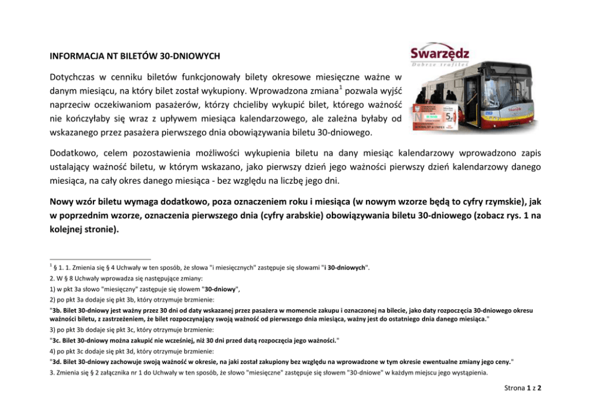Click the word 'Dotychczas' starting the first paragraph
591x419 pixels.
71,77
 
